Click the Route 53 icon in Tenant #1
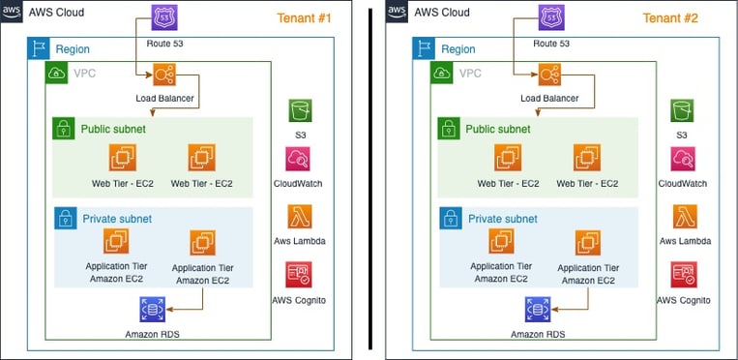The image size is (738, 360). [x=164, y=18]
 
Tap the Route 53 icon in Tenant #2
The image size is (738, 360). [x=550, y=18]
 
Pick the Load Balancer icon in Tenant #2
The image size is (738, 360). [x=549, y=75]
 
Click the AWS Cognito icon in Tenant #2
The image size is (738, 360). [x=683, y=274]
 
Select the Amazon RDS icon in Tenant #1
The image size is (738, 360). [x=152, y=311]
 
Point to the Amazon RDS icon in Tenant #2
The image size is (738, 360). [x=537, y=311]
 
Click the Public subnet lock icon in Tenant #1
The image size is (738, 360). [x=64, y=129]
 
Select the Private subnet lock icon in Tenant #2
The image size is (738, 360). [x=449, y=218]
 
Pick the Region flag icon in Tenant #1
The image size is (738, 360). [x=38, y=48]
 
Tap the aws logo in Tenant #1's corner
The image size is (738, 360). [x=13, y=13]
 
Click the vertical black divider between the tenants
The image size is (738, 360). [x=369, y=180]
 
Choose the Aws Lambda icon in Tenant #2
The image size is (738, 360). [x=683, y=217]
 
